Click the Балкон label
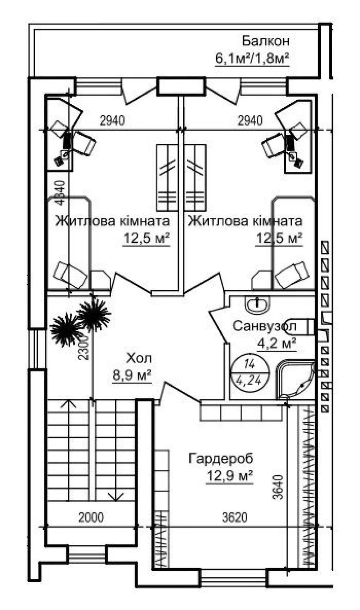[x=266, y=41]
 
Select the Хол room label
[x=139, y=358]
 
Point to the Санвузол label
[x=264, y=326]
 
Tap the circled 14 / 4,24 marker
[x=250, y=373]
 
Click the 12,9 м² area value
[x=230, y=476]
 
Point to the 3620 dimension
[x=235, y=517]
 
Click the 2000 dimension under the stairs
[x=91, y=517]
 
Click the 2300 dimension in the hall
[x=84, y=347]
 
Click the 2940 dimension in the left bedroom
[x=112, y=121]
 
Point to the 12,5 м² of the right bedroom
[x=279, y=238]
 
